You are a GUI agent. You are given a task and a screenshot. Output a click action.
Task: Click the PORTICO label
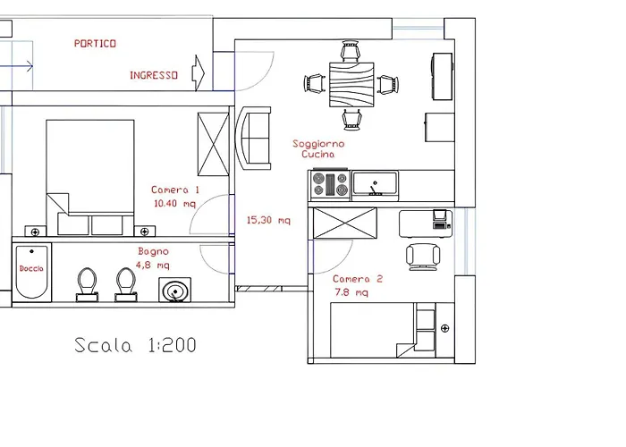coord(95,43)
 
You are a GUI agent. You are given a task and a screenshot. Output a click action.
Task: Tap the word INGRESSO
coord(153,76)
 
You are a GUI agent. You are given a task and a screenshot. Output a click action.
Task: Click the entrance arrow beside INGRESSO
coord(199,71)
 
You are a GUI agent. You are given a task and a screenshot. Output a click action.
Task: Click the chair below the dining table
coord(351,119)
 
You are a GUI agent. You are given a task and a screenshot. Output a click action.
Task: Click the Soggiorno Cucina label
coord(318,148)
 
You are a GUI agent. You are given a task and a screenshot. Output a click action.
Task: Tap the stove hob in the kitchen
coord(329,185)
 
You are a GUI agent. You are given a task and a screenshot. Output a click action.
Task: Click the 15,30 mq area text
coord(268,220)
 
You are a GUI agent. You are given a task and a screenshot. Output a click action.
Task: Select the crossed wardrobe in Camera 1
coord(214,144)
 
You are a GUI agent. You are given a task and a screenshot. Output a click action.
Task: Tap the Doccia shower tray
coord(31,272)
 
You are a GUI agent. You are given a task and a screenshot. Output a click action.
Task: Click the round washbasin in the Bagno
coord(175,291)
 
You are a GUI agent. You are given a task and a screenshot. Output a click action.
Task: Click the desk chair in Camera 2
coord(422,256)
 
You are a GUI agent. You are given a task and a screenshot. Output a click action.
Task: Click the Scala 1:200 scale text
coord(135,345)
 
